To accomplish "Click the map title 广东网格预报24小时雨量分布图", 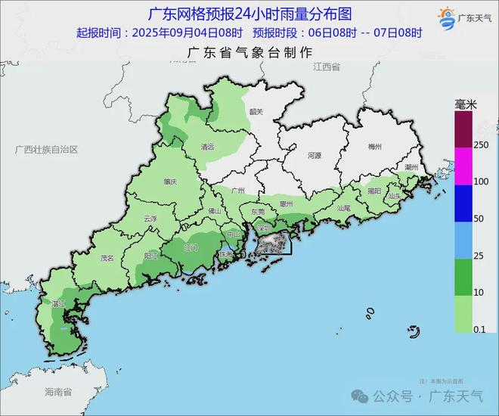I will tap(249, 14).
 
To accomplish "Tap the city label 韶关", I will tap(256, 112).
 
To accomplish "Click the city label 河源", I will tap(315, 155).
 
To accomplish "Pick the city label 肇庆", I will tap(169, 182).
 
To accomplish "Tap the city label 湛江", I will tap(58, 303).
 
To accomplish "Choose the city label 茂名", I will tap(107, 258).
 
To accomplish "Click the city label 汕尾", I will tap(344, 207).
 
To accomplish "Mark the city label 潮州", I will tap(412, 166).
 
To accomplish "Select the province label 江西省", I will tap(327, 67).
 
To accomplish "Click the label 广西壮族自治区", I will tap(47, 150).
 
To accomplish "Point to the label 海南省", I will tap(57, 392).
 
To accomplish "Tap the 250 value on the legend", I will tap(481, 144).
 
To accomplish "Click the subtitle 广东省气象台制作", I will tap(249, 52).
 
